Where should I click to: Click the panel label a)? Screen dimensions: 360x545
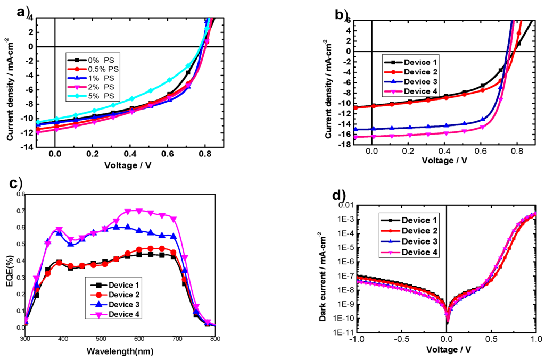coord(23,11)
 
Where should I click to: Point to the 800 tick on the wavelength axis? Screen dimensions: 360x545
coord(214,339)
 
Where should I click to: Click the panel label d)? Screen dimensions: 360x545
coord(339,196)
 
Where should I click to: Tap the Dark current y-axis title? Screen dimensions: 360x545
coord(320,268)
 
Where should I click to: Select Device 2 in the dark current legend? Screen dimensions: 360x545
coord(415,230)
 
